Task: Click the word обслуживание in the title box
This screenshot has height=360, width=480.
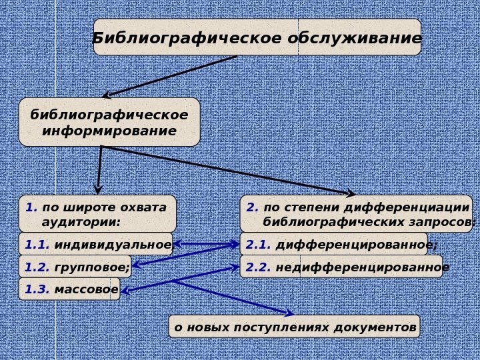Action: click(355, 38)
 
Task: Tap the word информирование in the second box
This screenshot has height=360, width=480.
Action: click(109, 131)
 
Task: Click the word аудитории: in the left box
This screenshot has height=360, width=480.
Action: click(81, 221)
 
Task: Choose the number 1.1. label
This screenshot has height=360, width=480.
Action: click(37, 245)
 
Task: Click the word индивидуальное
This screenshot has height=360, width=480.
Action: click(113, 245)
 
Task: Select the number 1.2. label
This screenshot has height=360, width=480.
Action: click(37, 267)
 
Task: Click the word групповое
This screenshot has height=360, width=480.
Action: click(92, 267)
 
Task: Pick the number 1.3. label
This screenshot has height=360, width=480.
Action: click(37, 289)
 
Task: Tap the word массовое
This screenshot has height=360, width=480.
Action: click(86, 289)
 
